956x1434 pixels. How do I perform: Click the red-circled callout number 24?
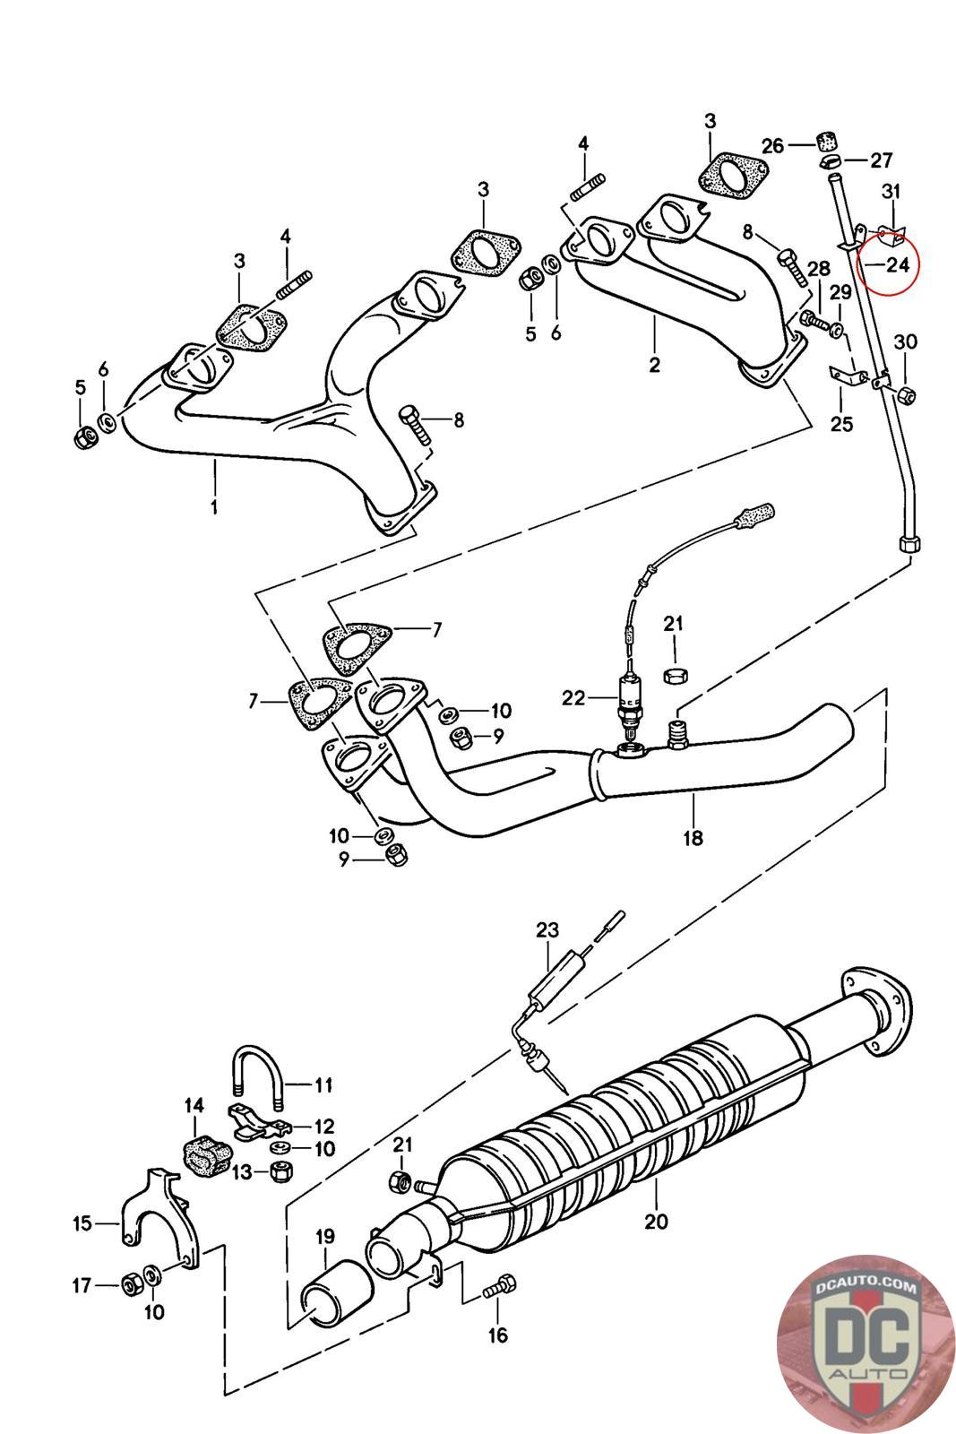897,263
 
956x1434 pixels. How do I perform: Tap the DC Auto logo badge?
866,1345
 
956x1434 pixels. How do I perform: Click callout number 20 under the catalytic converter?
656,1221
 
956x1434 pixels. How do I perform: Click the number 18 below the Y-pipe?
693,837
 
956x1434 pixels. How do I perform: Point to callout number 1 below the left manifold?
214,507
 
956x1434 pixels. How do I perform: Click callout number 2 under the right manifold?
654,365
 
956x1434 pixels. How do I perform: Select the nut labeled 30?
907,394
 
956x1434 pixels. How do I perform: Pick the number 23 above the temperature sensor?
547,929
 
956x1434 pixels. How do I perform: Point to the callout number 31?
891,191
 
